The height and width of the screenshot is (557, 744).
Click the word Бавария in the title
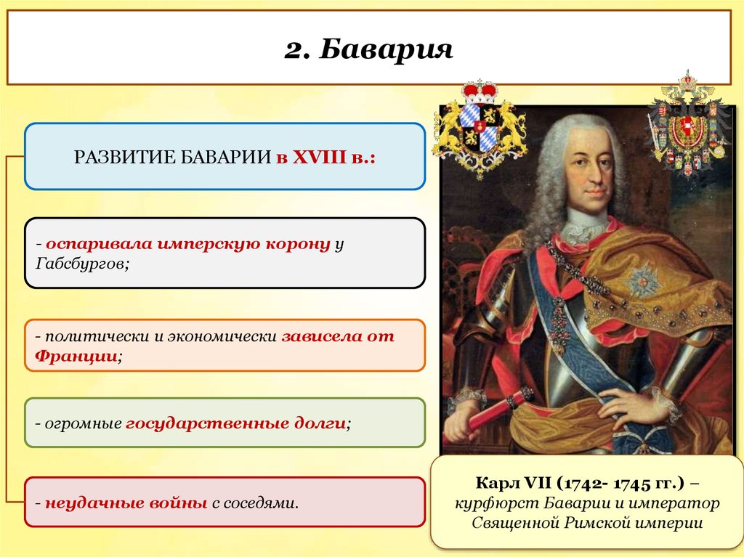[x=387, y=51]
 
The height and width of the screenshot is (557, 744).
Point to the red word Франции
[x=76, y=356]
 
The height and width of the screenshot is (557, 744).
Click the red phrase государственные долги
[x=235, y=423]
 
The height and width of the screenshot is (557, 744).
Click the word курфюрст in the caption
[x=492, y=503]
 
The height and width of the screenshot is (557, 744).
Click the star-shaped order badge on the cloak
[x=644, y=280]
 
